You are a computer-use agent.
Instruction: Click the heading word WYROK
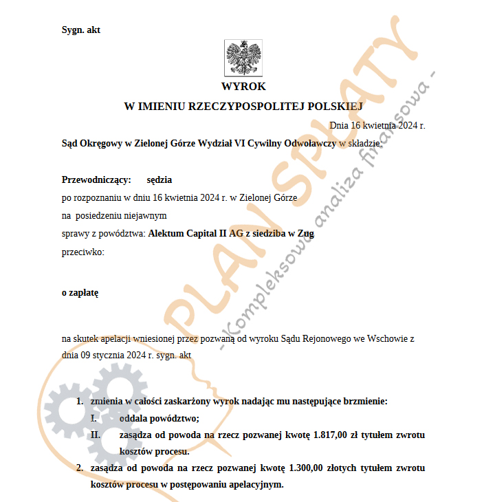coord(243,87)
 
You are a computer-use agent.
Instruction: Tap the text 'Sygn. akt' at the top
coord(81,30)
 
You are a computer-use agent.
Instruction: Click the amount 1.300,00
coord(309,468)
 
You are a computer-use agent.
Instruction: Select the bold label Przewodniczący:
coord(96,179)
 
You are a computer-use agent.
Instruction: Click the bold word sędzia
coord(159,179)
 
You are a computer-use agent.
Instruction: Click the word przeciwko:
coord(82,252)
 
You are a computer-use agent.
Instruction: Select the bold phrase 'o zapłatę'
coord(80,292)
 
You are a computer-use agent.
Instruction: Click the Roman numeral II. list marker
coord(96,435)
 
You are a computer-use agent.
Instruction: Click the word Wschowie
coord(386,339)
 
